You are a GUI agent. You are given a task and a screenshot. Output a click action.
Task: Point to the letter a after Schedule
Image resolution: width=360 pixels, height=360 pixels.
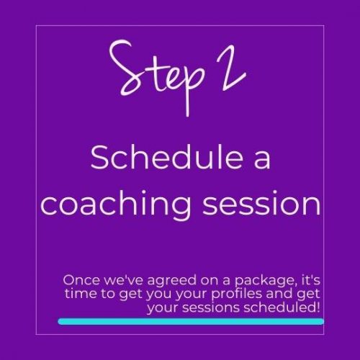pos(261,160)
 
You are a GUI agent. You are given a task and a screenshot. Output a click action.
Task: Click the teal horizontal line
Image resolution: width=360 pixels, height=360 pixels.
pos(190,321)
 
